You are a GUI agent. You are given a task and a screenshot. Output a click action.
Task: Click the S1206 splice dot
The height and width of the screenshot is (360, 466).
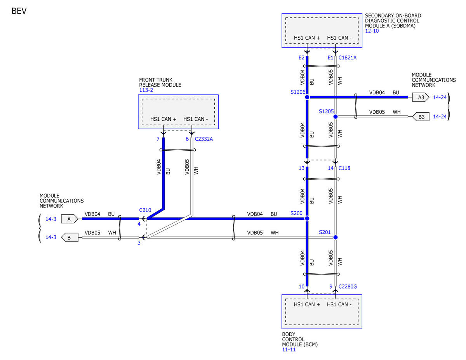click(307, 97)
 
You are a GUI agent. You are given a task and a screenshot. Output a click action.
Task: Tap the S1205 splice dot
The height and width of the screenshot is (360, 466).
click(336, 117)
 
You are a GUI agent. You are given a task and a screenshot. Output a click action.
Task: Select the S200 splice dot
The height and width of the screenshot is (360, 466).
click(307, 218)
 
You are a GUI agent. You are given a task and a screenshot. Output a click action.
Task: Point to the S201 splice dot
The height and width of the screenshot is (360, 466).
click(336, 237)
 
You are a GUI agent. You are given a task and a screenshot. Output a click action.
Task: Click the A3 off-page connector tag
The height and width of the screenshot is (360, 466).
click(421, 97)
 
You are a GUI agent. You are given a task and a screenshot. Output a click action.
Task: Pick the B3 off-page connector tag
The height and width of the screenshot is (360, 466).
click(421, 117)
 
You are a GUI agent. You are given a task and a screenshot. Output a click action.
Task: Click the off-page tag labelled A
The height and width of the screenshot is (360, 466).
click(70, 219)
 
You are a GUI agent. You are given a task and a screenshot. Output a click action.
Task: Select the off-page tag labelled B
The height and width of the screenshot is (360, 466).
click(70, 238)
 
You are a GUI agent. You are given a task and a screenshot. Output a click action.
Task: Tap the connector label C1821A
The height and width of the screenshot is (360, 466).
click(348, 58)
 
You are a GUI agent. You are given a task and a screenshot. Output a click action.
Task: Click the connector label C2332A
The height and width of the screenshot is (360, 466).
click(204, 139)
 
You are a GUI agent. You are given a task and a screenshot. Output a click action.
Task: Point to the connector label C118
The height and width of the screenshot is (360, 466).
click(344, 168)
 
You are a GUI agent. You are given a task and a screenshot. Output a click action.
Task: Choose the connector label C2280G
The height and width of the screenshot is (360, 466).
click(348, 287)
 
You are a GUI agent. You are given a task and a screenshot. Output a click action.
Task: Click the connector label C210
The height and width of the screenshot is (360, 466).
click(145, 210)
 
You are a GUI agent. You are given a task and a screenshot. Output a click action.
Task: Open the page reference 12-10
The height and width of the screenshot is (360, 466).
click(372, 31)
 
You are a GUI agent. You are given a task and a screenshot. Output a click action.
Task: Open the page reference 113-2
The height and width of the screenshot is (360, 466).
click(146, 90)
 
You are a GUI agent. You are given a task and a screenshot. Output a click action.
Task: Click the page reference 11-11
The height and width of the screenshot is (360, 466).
click(289, 350)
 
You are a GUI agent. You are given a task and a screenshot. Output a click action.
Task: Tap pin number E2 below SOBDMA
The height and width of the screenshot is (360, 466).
click(301, 58)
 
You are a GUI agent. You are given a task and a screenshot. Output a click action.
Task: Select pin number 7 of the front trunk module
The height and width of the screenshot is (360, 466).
click(158, 139)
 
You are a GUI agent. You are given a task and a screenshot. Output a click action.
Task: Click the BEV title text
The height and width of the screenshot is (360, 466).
click(19, 11)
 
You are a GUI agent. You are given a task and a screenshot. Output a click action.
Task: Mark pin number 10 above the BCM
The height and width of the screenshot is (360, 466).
click(301, 287)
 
